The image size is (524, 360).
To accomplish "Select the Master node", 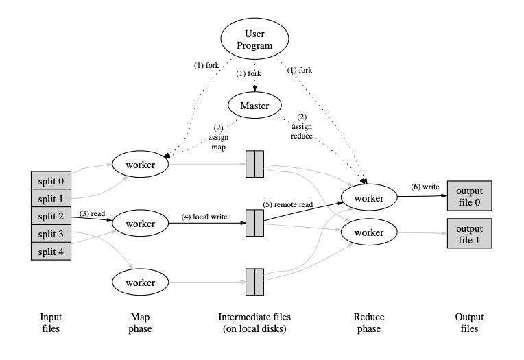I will (254, 106).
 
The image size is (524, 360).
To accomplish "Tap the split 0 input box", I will (50, 180).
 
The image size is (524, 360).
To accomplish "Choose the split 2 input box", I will (50, 216).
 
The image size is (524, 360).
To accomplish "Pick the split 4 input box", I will (50, 251).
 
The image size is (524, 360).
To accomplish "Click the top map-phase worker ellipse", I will (140, 165).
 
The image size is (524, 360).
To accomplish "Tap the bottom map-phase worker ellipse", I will (140, 281).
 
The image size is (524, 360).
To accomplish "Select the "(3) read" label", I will (92, 213).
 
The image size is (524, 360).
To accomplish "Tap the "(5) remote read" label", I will (288, 204).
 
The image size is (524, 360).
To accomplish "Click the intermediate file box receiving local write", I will (254, 223).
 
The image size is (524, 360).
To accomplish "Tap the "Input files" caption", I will (50, 322).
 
